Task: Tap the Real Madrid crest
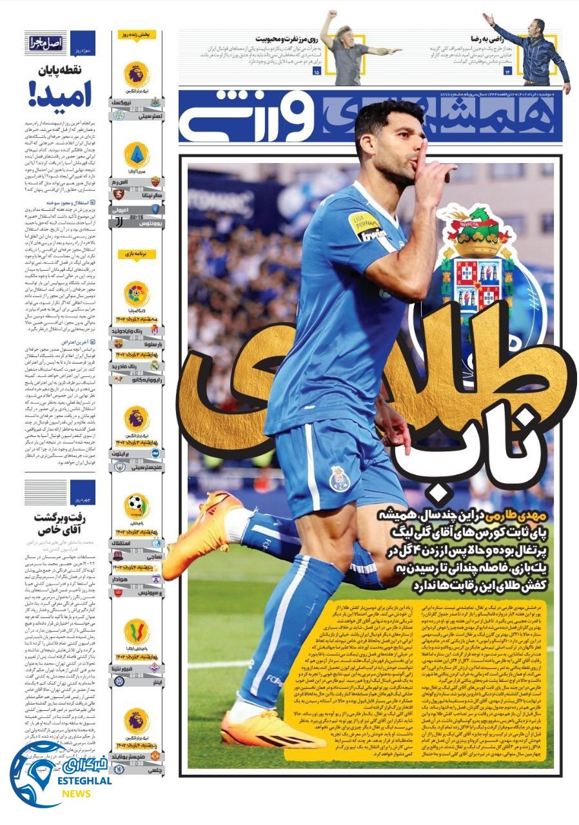[x=155, y=365]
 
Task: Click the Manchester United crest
[x=155, y=755]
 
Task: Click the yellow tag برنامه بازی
[x=137, y=254]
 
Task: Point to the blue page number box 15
[x=316, y=72]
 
